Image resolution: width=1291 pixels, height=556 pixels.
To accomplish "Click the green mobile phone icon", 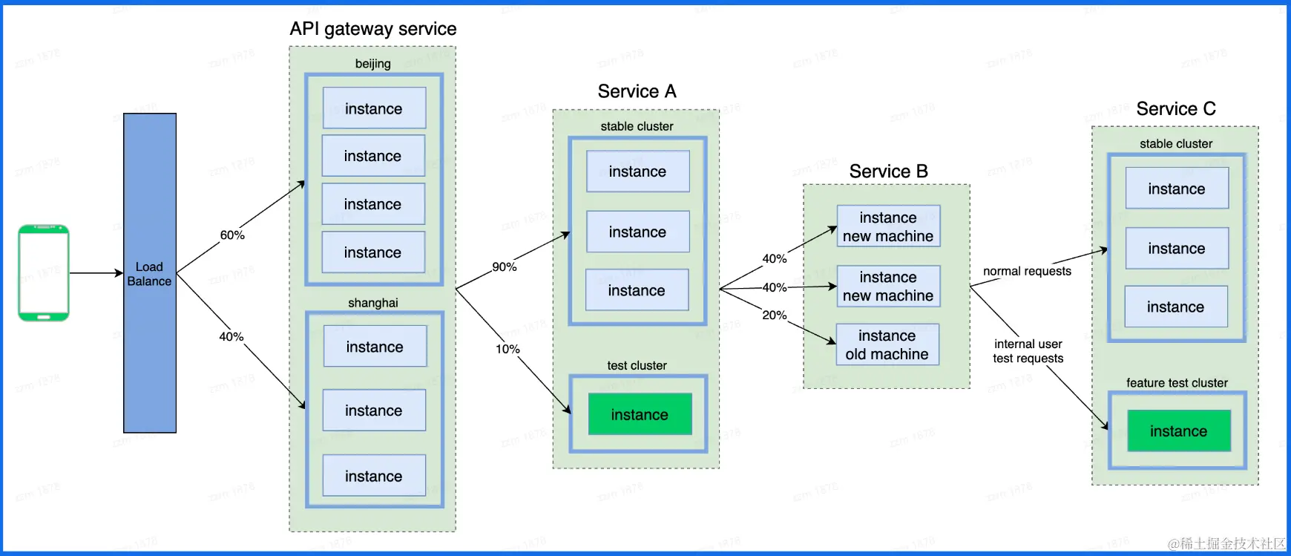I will (x=44, y=273).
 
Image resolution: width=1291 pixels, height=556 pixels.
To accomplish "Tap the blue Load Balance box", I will (x=150, y=273).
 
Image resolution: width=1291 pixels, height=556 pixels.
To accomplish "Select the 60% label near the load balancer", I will (x=232, y=235).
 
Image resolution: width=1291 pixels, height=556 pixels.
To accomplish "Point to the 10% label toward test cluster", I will (x=507, y=349).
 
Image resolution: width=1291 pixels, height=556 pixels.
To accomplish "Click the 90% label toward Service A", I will (x=505, y=267).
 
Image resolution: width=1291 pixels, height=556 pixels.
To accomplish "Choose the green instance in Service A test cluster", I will (x=640, y=414).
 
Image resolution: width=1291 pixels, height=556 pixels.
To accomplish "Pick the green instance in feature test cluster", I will (x=1178, y=431).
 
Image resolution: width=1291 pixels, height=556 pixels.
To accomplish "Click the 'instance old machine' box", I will (x=887, y=345).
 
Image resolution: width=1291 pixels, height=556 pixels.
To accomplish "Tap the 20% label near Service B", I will (x=774, y=315).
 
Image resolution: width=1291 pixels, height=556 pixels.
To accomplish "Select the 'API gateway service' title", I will (x=373, y=29).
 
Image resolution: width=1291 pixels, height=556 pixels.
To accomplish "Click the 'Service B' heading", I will (x=888, y=171).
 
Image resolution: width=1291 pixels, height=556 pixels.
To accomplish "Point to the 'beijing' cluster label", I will (x=372, y=64).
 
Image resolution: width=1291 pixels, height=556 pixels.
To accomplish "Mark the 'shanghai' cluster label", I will (x=373, y=303).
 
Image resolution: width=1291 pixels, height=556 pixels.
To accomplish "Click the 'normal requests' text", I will (x=1027, y=272).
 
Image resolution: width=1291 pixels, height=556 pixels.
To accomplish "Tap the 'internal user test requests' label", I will (x=1028, y=351).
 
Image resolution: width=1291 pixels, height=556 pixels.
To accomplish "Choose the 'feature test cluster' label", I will (x=1177, y=383).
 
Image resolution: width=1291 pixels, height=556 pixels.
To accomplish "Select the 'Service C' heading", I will (x=1176, y=109).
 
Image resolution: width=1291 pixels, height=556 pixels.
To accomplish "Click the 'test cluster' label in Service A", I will (x=637, y=366).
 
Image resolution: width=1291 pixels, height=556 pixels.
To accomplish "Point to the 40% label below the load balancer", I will (x=231, y=337).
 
